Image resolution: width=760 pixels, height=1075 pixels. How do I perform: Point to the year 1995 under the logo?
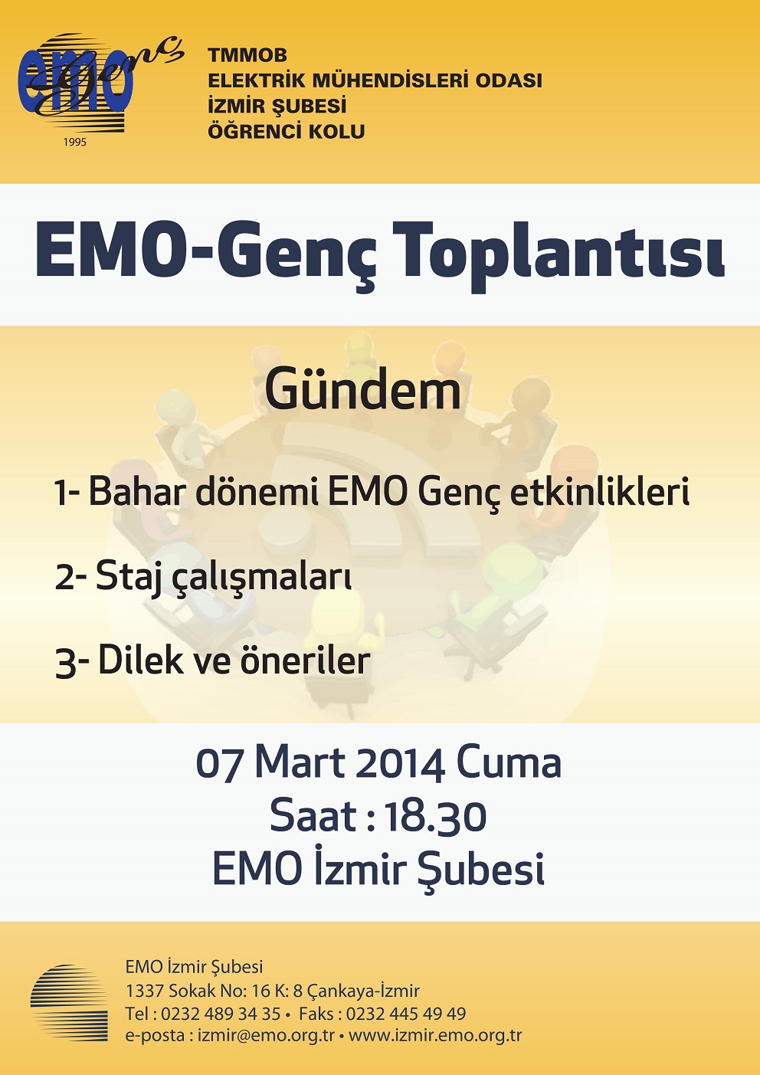(75, 142)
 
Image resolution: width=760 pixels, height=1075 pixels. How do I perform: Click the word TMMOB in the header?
(247, 56)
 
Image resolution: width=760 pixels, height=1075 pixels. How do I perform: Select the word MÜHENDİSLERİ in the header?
(391, 80)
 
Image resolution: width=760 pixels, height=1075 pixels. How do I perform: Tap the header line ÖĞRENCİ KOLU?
(286, 131)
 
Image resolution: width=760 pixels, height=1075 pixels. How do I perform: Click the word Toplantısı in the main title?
(562, 256)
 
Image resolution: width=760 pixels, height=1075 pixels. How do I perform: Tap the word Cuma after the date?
(508, 763)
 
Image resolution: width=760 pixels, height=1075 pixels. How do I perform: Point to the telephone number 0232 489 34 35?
(221, 1014)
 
